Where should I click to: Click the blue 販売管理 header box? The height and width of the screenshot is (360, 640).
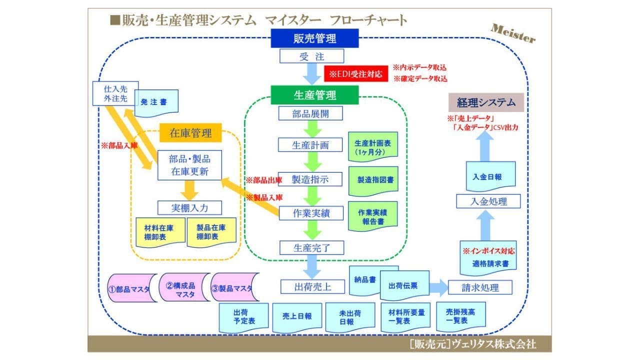[x=314, y=38]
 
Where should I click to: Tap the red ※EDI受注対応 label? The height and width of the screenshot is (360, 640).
[x=356, y=74]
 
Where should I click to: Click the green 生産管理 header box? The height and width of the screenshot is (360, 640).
[x=314, y=94]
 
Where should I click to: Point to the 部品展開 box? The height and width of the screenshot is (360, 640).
[x=310, y=113]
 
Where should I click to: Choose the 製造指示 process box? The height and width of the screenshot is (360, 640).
[x=310, y=179]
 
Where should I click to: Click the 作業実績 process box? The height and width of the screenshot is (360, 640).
[x=310, y=213]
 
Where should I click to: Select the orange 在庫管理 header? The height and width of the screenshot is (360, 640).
[x=190, y=133]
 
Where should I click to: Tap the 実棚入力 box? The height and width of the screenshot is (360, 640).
[x=189, y=207]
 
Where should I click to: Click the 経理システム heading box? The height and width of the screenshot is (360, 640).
[x=486, y=102]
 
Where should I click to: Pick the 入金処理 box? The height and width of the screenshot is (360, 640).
[x=488, y=201]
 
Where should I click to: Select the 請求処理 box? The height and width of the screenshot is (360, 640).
[x=480, y=287]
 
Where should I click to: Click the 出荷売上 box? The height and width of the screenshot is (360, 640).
[x=312, y=286]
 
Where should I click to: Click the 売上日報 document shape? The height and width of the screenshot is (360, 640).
[x=293, y=316]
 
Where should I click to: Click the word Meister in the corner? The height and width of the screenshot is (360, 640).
[x=513, y=33]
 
